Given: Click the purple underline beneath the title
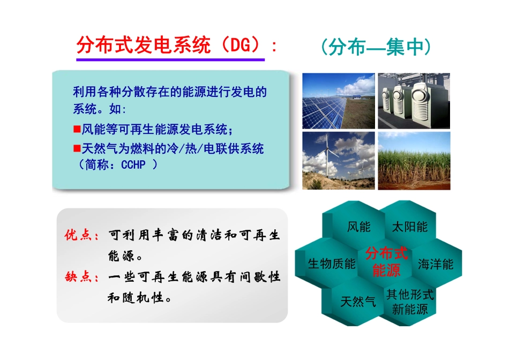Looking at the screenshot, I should [x=170, y=59].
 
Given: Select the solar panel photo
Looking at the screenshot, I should [x=338, y=101].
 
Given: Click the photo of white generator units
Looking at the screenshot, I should [x=414, y=101].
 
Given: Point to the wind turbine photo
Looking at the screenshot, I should [x=338, y=161].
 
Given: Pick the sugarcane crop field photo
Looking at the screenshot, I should [x=414, y=161].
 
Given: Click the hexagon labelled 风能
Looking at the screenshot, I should [x=358, y=227].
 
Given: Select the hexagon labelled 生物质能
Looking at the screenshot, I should [x=331, y=264].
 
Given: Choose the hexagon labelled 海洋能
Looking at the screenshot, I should [x=436, y=264].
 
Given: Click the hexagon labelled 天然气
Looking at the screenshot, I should [x=358, y=302].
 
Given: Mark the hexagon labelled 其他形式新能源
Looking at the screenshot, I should [x=410, y=302].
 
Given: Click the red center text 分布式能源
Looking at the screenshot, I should [x=386, y=261].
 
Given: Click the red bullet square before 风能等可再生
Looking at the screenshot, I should [x=77, y=129].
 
